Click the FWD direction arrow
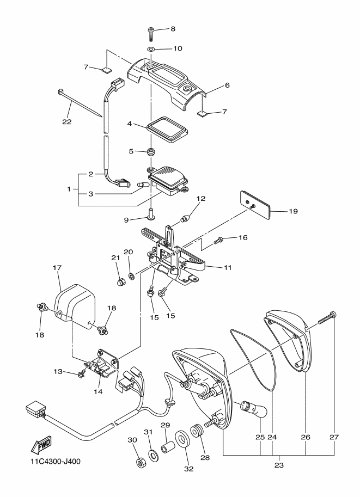40,446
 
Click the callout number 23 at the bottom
278,465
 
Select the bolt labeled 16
220,238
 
